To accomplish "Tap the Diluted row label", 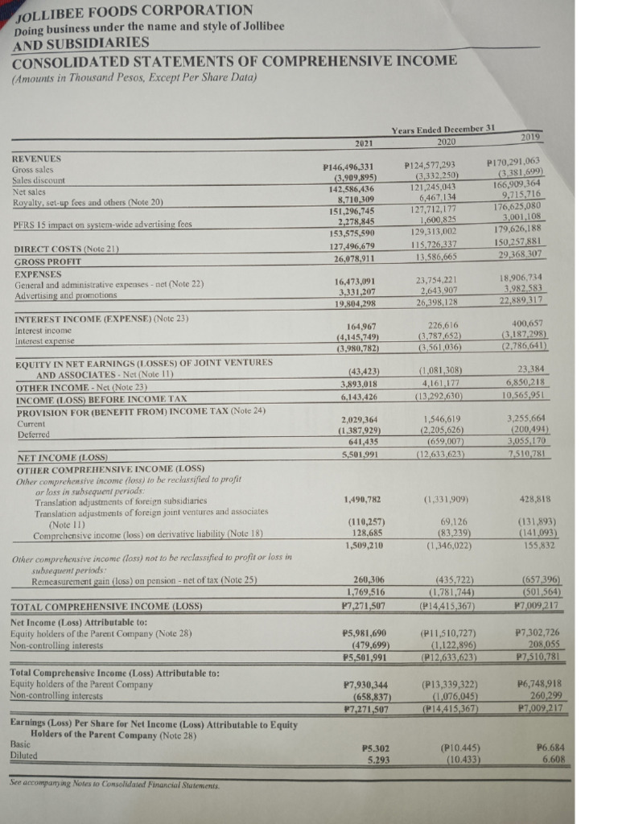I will (27, 756).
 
